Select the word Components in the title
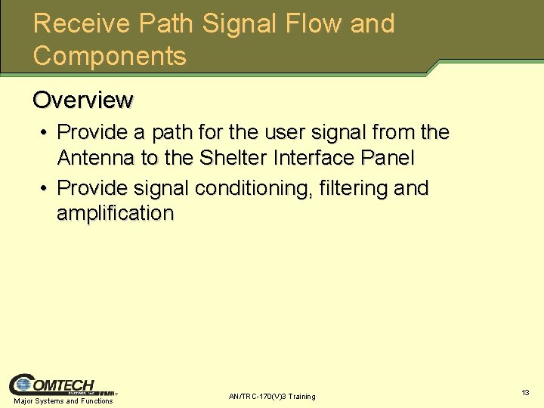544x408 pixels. point(110,57)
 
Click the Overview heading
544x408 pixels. point(83,100)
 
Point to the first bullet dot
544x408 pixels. point(45,133)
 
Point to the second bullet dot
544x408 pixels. point(45,188)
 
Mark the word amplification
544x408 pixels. point(115,214)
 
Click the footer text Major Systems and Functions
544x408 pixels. point(63,401)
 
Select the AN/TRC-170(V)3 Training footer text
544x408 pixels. point(272,397)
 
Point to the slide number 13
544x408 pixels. point(525,393)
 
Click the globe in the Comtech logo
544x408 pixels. point(23,385)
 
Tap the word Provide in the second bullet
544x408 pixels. point(94,188)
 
